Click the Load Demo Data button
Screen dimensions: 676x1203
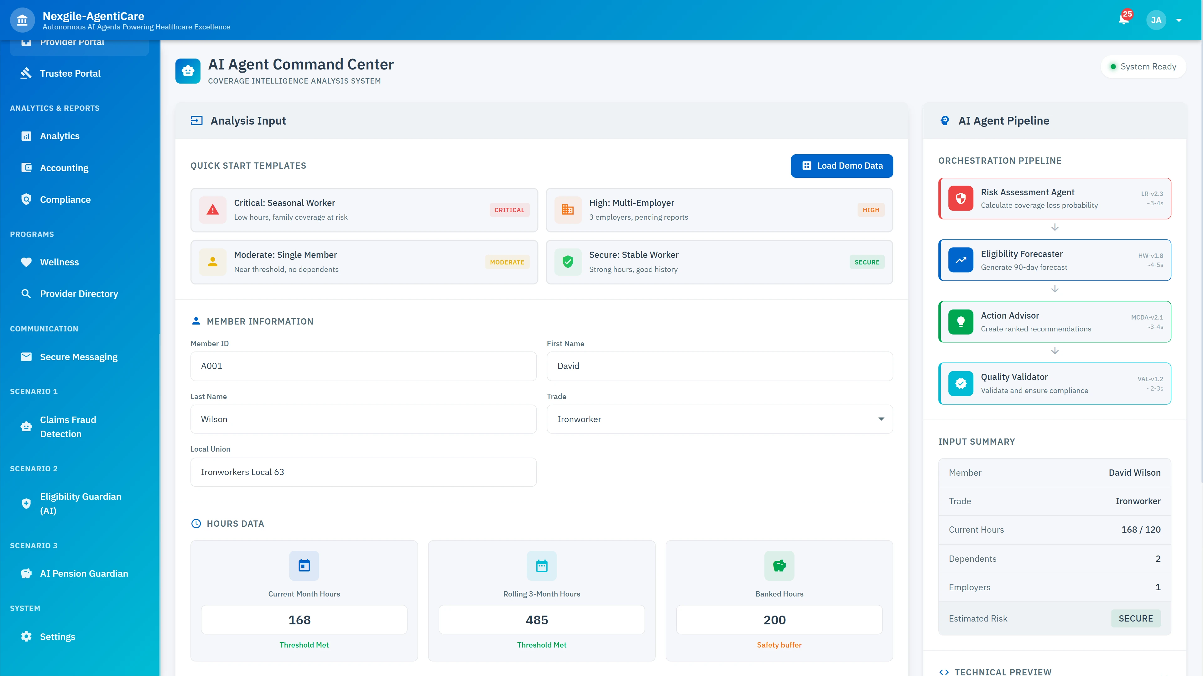[x=841, y=166]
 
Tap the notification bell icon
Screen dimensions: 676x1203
[x=1124, y=20]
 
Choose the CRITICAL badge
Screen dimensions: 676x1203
[x=509, y=210]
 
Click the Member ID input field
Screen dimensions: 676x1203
[x=363, y=366]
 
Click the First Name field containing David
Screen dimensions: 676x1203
[x=719, y=366]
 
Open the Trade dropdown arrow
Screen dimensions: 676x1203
[x=881, y=419]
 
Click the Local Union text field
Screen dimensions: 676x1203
[x=363, y=472]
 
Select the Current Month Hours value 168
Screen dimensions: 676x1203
[x=304, y=620]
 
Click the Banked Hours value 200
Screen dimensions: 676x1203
[x=779, y=620]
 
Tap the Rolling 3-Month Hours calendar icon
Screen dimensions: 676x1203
[x=542, y=566]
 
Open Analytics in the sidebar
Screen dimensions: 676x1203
[x=60, y=136]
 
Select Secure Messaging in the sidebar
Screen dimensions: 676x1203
[x=78, y=357]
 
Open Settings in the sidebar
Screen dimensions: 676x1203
[x=57, y=637]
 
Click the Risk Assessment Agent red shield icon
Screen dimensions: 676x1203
[x=961, y=198]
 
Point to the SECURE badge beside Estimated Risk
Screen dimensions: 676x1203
[x=1135, y=618]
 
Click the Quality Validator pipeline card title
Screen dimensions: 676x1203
[x=1014, y=377]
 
